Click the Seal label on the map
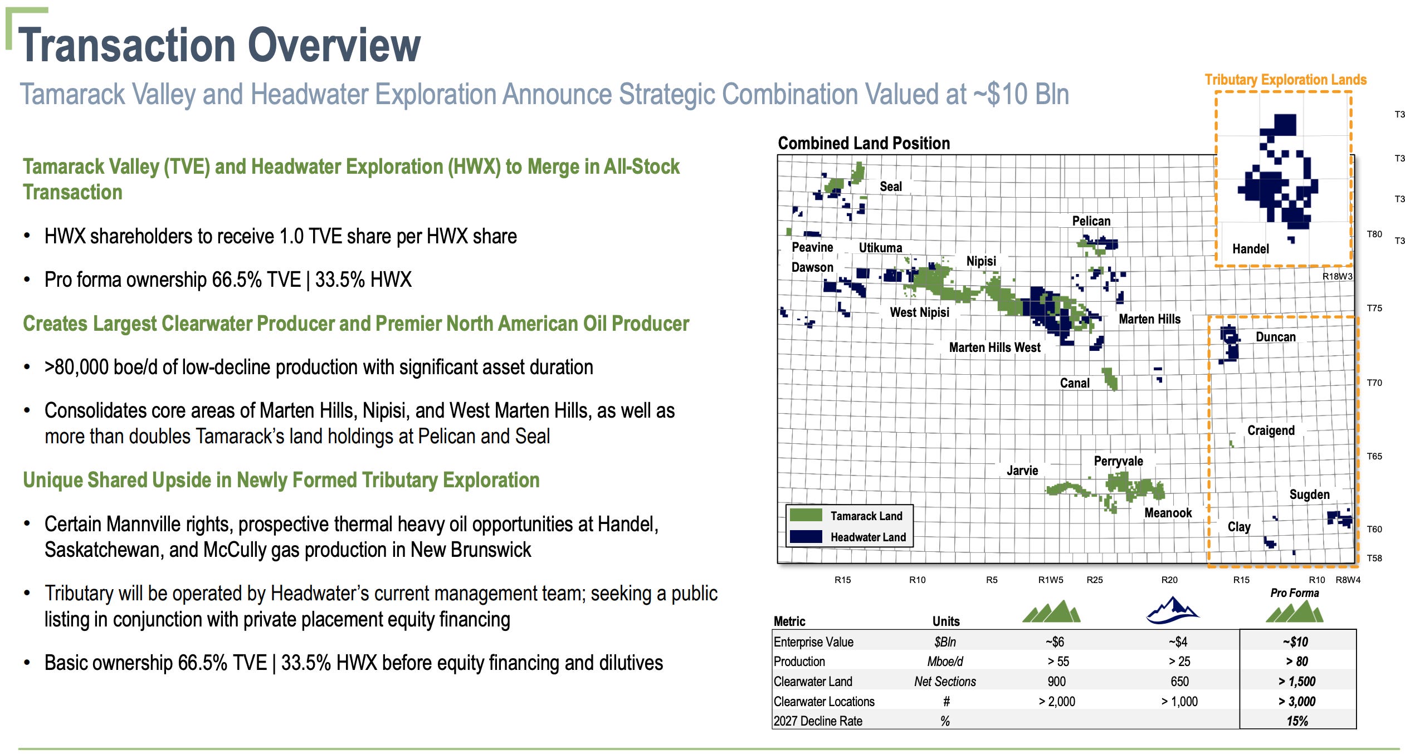coord(890,187)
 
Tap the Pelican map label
coord(1091,221)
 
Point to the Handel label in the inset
coord(1250,249)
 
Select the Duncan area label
coord(1275,337)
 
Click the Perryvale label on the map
coord(1118,461)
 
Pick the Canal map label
coord(1074,383)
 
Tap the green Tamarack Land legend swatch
coord(806,515)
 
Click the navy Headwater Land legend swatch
coord(806,536)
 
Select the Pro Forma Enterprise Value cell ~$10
coord(1296,642)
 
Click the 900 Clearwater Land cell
coord(1056,682)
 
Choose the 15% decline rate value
coord(1297,721)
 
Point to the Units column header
coord(946,621)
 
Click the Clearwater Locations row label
coord(824,702)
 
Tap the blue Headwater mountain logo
coord(1173,610)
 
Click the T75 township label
coord(1374,308)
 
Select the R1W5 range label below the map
coord(1051,580)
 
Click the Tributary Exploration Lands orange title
coord(1286,80)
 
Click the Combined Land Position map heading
coord(864,143)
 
